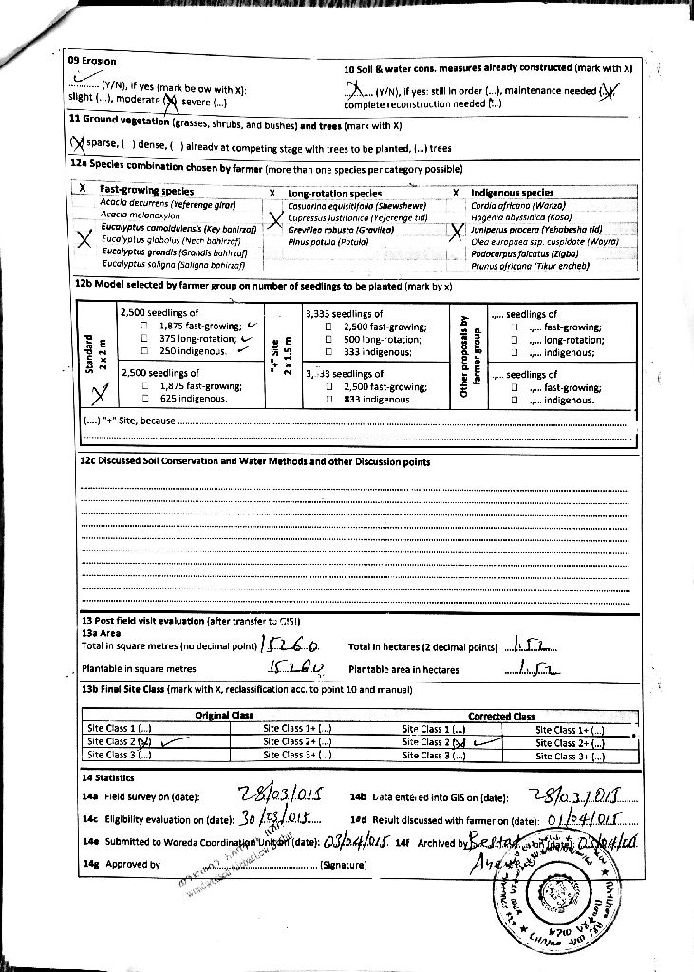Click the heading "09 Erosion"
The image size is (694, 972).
[92, 60]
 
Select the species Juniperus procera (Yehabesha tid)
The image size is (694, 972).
[536, 229]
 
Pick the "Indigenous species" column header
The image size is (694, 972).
[513, 193]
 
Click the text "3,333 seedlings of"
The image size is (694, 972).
[345, 313]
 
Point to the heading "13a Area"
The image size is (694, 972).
[102, 632]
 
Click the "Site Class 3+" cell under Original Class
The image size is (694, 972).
[297, 755]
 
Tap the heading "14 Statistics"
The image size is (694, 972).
[108, 776]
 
